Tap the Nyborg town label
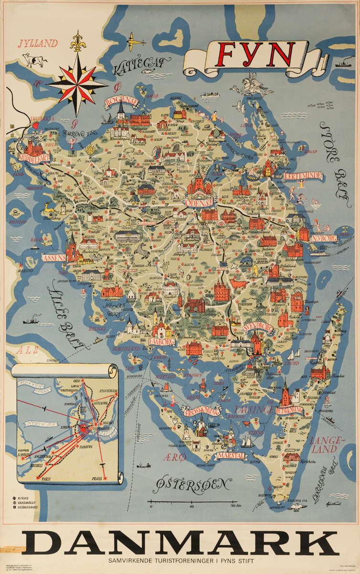click(324, 238)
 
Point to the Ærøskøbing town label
click(199, 412)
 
